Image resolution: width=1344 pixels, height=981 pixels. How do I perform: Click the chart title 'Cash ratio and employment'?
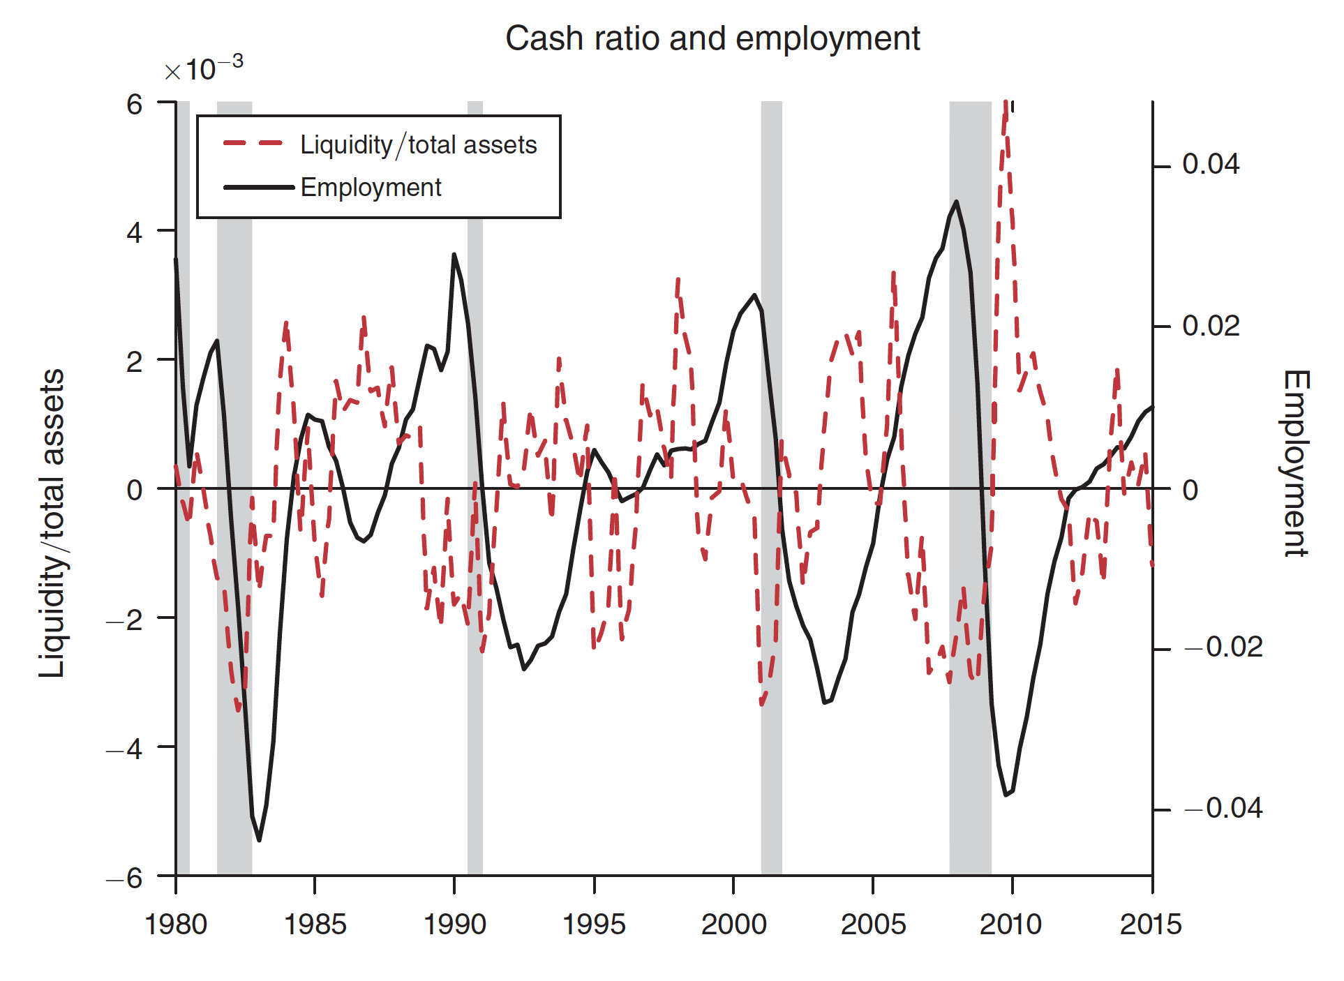pos(712,38)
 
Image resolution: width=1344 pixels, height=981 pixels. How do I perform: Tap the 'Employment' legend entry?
pos(371,188)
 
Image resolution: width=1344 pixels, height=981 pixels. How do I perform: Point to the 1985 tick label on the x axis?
pos(315,924)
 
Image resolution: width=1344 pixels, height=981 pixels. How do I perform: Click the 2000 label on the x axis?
pos(733,924)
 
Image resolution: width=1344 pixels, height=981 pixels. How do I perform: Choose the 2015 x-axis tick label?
pos(1151,924)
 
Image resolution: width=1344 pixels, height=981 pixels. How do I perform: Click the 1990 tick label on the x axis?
pos(454,924)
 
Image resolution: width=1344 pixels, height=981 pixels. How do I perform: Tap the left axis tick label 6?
pos(134,105)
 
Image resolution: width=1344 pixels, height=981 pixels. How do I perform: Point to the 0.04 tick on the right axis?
pos(1210,165)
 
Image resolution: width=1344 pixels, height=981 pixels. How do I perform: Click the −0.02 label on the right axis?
pos(1223,647)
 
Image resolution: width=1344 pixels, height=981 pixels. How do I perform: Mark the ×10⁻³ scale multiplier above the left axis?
pos(203,69)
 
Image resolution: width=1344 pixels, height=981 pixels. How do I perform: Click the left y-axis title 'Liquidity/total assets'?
pos(52,523)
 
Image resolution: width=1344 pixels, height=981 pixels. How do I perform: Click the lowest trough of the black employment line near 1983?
pos(259,840)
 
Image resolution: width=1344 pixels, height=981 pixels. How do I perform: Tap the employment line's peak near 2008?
pos(956,202)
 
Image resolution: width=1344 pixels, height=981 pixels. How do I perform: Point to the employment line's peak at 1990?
pos(454,255)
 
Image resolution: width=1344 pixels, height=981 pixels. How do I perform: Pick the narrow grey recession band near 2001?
pos(771,488)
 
